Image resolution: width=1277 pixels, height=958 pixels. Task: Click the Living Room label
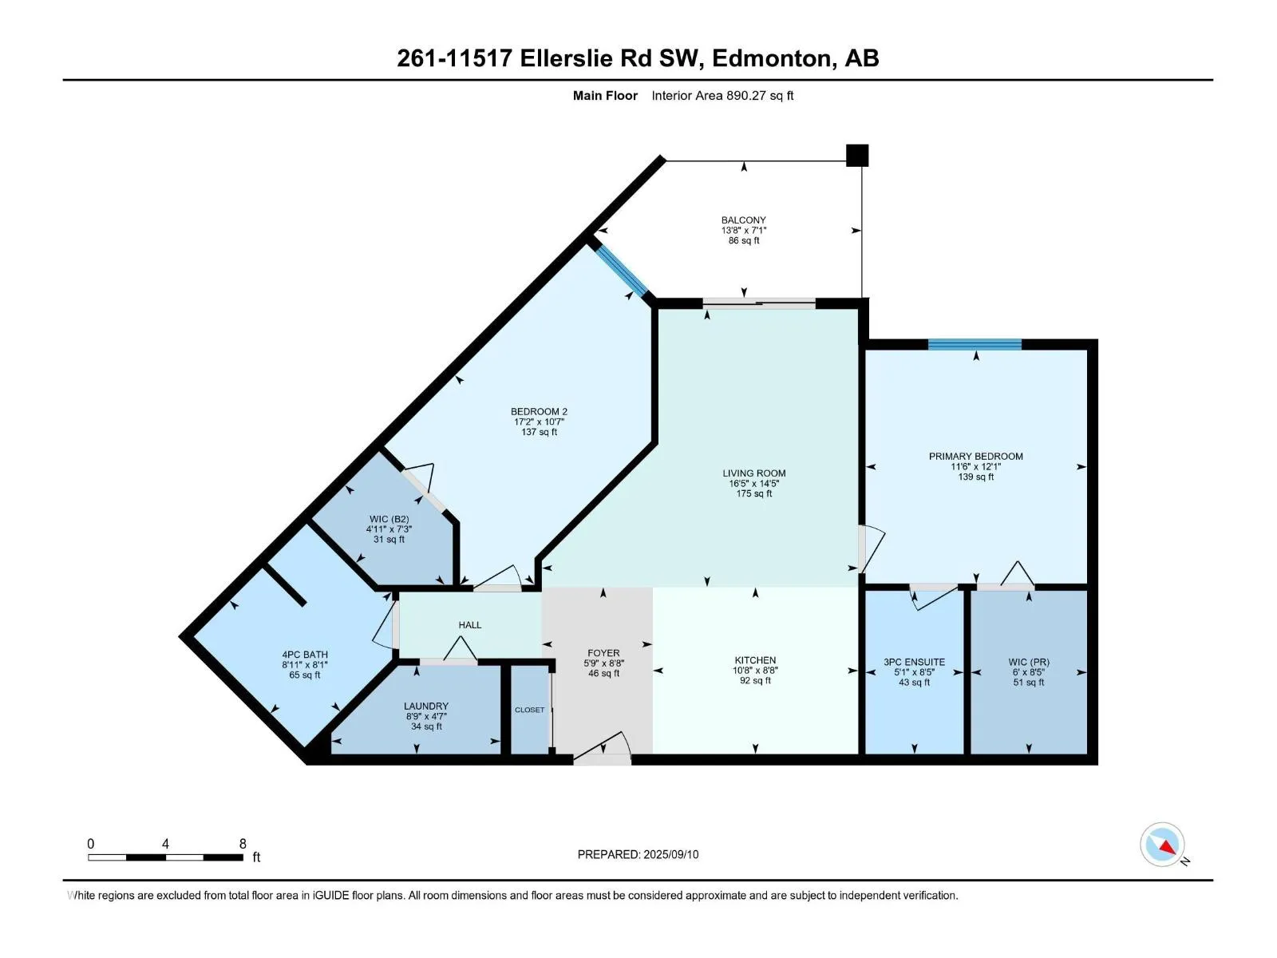pyautogui.click(x=754, y=473)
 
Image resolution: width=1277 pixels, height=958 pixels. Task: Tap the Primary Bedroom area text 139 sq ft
pyautogui.click(x=975, y=477)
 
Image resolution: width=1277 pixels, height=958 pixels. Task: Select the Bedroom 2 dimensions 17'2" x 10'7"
pyautogui.click(x=539, y=422)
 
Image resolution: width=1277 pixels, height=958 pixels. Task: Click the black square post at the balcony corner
pyautogui.click(x=857, y=156)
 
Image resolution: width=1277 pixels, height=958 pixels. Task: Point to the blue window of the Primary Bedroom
pyautogui.click(x=975, y=344)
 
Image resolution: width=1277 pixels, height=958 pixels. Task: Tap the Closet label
pyautogui.click(x=529, y=710)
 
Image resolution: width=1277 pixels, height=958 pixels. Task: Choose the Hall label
pyautogui.click(x=469, y=625)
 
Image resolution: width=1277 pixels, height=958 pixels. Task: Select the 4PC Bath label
pyautogui.click(x=304, y=655)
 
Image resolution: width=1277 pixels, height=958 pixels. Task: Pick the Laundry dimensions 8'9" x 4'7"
pyautogui.click(x=426, y=717)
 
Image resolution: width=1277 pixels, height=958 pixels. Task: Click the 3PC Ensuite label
pyautogui.click(x=914, y=662)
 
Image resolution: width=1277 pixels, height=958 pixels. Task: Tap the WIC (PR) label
pyautogui.click(x=1029, y=662)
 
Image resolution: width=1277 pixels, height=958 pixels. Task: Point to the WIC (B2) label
pyautogui.click(x=389, y=519)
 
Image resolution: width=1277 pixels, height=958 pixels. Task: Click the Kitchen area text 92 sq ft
pyautogui.click(x=754, y=680)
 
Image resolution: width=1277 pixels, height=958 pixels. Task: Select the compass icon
pyautogui.click(x=1162, y=845)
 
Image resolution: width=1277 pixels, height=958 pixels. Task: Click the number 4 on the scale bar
pyautogui.click(x=165, y=843)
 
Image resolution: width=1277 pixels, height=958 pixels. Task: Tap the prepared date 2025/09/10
pyautogui.click(x=670, y=854)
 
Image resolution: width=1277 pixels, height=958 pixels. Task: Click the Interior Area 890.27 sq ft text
pyautogui.click(x=722, y=95)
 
